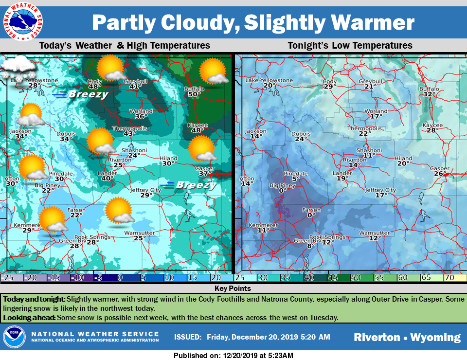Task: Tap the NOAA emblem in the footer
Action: pos(13,337)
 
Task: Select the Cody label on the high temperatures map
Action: pos(94,81)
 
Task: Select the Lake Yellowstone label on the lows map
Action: pos(269,80)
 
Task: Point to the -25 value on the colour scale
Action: pos(7,277)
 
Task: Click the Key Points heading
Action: pos(233,288)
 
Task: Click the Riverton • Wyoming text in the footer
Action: pos(407,337)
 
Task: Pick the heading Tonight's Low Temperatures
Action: pos(350,46)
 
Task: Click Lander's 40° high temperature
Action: pos(107,179)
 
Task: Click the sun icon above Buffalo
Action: pos(214,71)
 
